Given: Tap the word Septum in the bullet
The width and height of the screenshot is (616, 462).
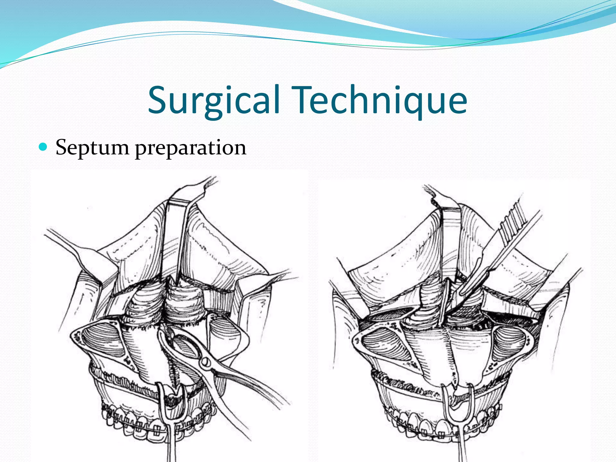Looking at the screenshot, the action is [x=92, y=148].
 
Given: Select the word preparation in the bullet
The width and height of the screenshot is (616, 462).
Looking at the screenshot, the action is [x=190, y=148].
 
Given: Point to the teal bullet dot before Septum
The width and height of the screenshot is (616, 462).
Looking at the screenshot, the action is [x=43, y=147].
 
